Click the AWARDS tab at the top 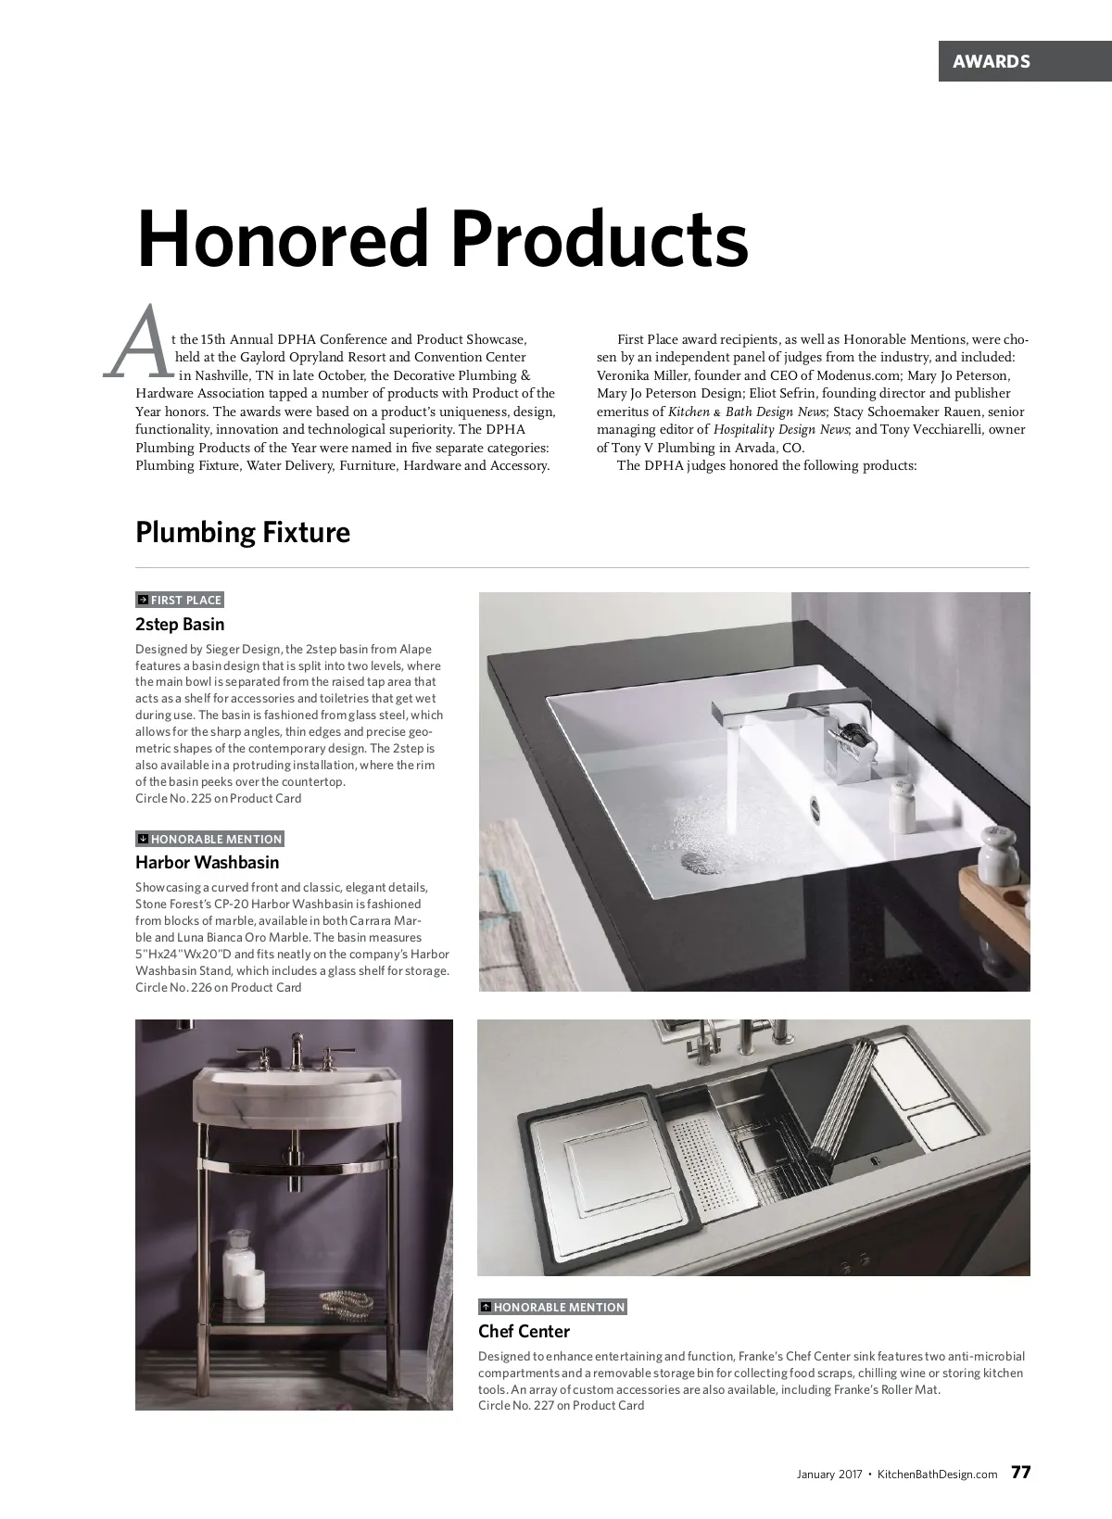click(992, 61)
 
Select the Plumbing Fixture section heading click(243, 532)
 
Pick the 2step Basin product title click(180, 624)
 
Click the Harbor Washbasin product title click(207, 862)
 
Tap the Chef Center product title click(524, 1331)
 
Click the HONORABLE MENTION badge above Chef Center click(552, 1307)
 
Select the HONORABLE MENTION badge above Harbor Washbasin click(209, 839)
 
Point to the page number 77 click(1020, 1473)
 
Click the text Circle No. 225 click(218, 798)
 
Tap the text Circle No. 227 click(561, 1405)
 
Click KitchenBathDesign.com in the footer click(937, 1474)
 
